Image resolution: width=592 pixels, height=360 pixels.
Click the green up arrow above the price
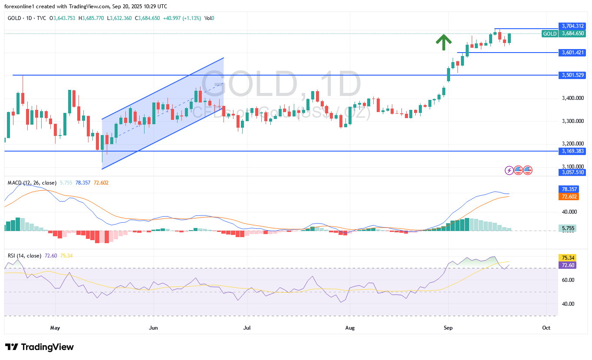click(x=443, y=42)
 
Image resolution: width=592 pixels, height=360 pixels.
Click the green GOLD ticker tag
click(x=550, y=33)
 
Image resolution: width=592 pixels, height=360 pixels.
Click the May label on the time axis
click(x=55, y=328)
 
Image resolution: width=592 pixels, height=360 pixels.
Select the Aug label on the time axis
click(x=349, y=328)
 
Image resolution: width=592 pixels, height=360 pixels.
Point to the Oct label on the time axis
click(x=546, y=328)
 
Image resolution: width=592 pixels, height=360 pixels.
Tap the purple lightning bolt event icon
click(x=509, y=170)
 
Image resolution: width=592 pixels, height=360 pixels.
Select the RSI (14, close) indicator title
click(x=24, y=256)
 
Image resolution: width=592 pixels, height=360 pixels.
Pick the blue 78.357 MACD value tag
click(x=567, y=189)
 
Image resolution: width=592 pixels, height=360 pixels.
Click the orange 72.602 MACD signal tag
click(x=567, y=197)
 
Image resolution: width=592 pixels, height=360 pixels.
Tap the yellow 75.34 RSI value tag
click(x=567, y=258)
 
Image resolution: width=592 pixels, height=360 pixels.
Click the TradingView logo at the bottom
click(x=39, y=347)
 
